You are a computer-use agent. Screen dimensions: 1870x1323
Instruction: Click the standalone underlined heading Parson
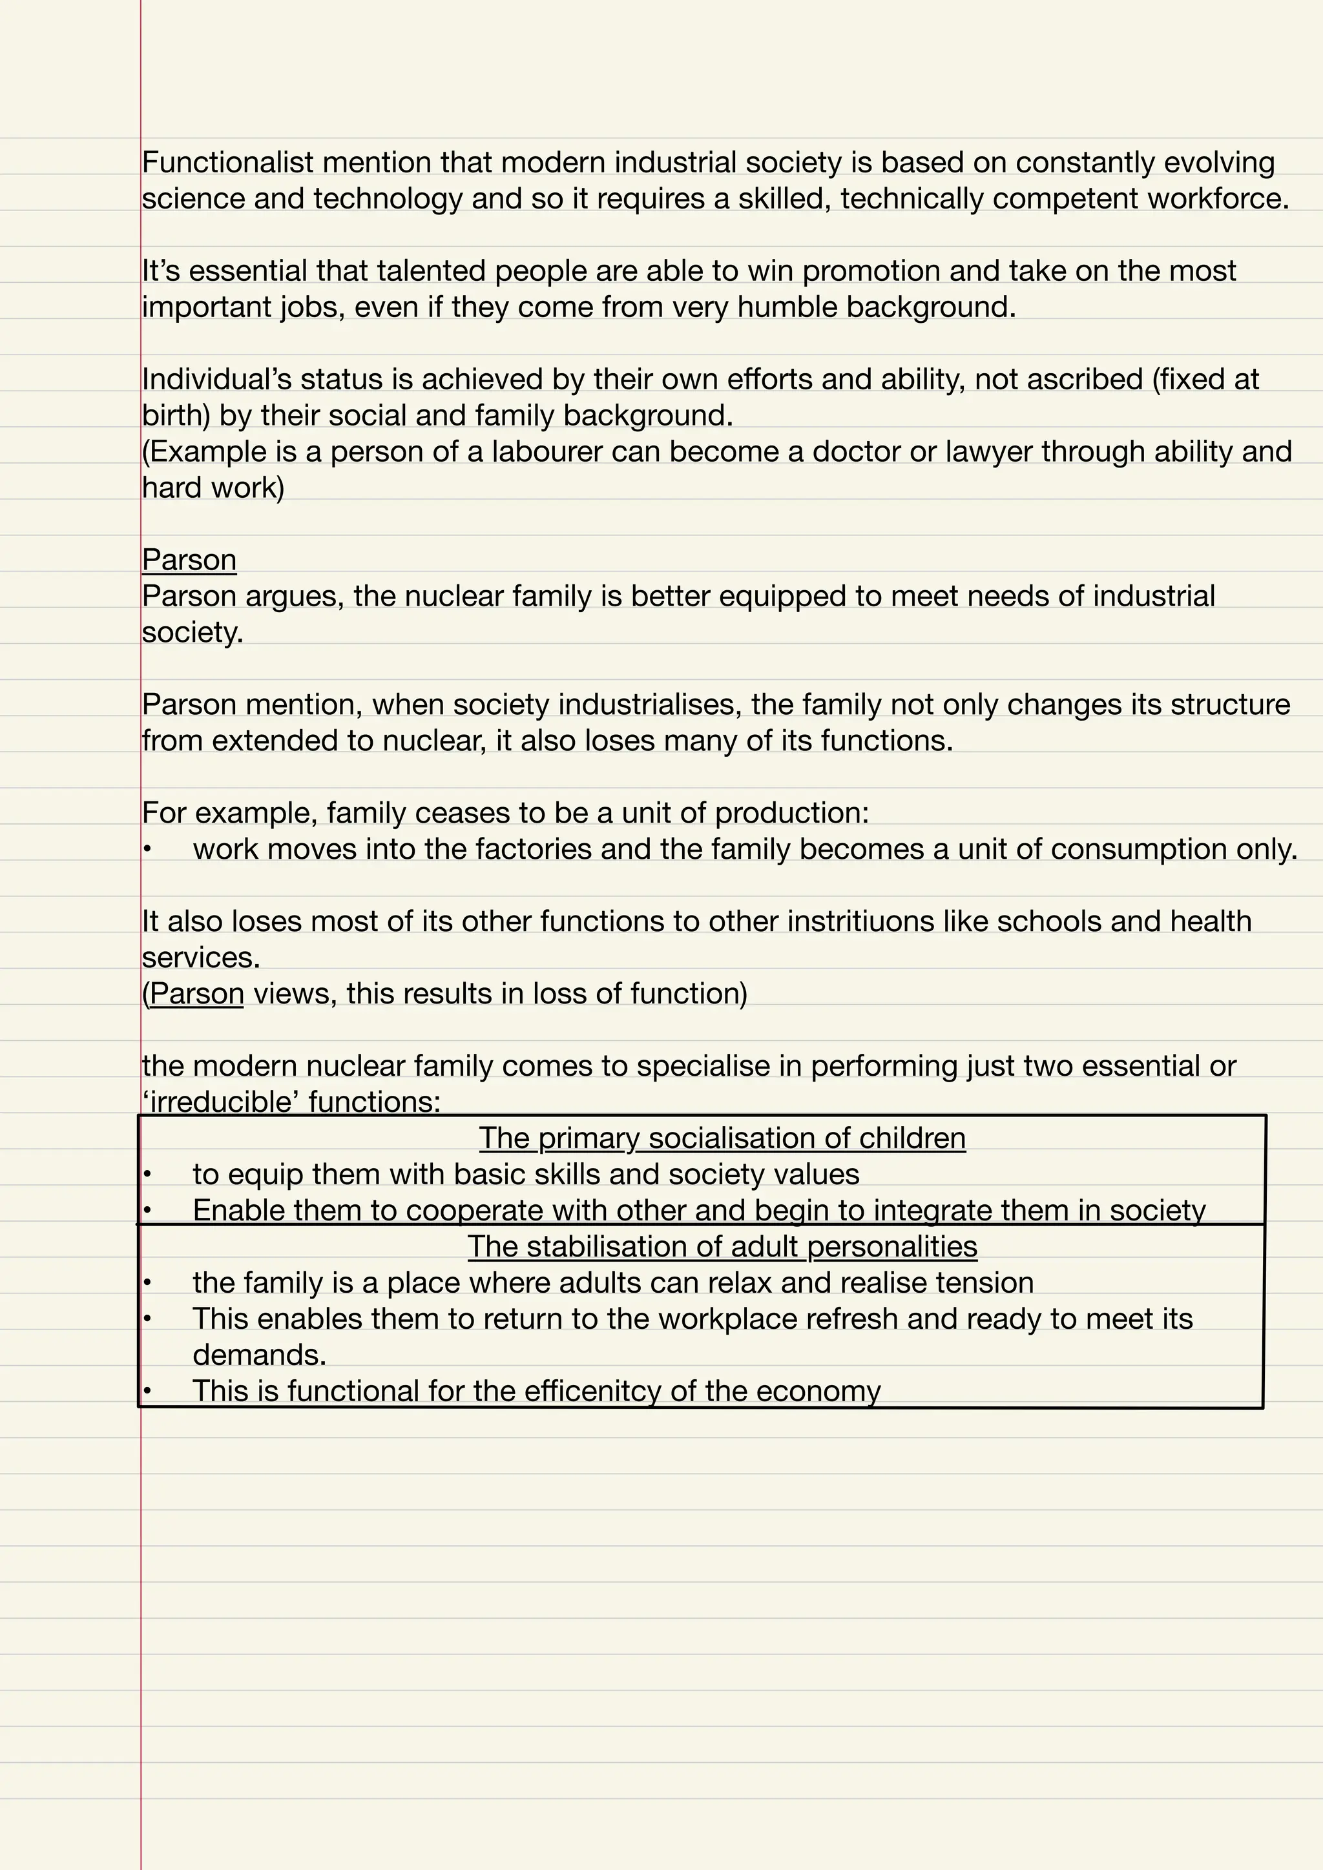(x=189, y=560)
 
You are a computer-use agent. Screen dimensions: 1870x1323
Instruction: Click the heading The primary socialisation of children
(x=722, y=1138)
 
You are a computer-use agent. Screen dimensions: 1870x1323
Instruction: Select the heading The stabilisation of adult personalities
(x=722, y=1246)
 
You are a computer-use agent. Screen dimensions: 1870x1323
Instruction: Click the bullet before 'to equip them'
(x=147, y=1175)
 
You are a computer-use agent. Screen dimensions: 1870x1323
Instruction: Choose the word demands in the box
(x=259, y=1355)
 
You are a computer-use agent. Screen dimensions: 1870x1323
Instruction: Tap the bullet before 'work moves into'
(x=147, y=850)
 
